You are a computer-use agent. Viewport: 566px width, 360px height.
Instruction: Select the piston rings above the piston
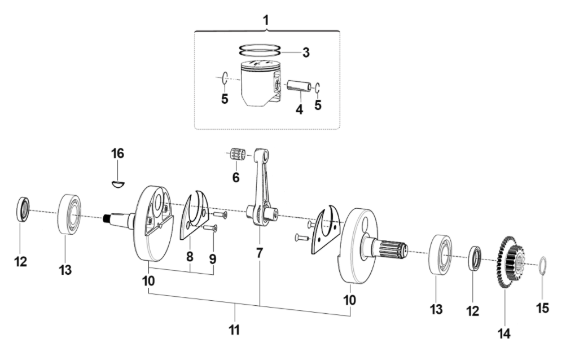pos(260,49)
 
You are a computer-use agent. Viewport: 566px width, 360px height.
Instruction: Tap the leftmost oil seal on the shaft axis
pos(22,209)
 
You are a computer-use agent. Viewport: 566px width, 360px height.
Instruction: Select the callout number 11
pos(234,330)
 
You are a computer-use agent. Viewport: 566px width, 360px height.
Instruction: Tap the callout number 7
pos(259,252)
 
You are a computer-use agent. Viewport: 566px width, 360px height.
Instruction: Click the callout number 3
pos(305,53)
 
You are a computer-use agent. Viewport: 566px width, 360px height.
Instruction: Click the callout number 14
pos(504,333)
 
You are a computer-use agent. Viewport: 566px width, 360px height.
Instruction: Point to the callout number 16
pos(117,153)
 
